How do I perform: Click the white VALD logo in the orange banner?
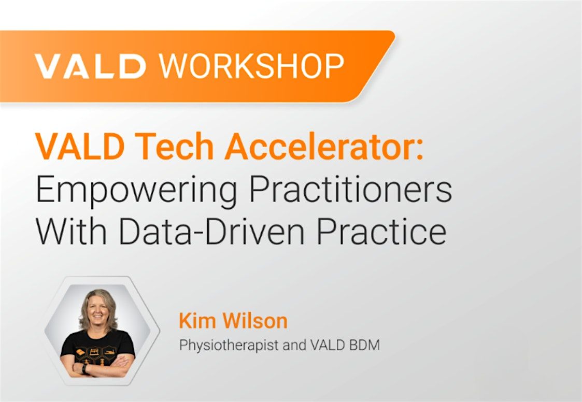pyautogui.click(x=90, y=66)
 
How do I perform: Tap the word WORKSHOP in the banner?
pyautogui.click(x=252, y=66)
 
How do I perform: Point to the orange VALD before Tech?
pyautogui.click(x=80, y=146)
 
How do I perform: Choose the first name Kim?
pyautogui.click(x=195, y=321)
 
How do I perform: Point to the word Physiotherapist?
pyautogui.click(x=229, y=346)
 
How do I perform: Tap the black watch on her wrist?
pyautogui.click(x=85, y=368)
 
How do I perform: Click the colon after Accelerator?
pyautogui.click(x=419, y=150)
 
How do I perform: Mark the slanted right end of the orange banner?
pyautogui.click(x=375, y=66)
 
